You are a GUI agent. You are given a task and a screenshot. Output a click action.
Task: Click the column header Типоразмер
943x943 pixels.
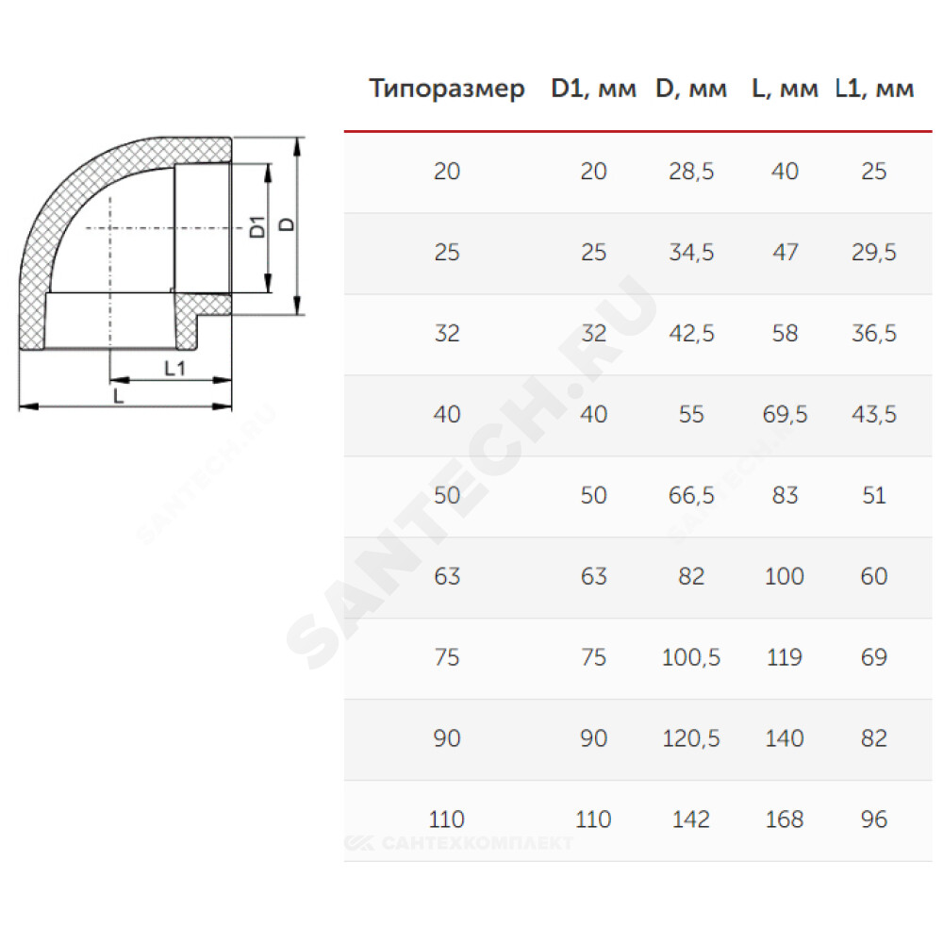point(447,89)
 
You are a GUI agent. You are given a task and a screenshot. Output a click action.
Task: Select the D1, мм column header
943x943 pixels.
point(593,89)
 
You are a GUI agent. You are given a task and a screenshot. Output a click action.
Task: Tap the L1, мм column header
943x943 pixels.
point(874,89)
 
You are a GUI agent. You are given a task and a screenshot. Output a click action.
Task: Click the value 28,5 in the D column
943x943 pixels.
point(691,172)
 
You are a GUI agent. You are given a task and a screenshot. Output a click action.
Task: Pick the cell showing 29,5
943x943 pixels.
point(874,252)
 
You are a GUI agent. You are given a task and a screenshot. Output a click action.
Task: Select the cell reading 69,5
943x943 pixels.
point(785,414)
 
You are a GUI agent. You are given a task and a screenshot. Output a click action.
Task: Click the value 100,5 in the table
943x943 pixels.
point(691,657)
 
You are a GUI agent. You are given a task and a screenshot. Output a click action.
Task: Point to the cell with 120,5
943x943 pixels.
point(691,738)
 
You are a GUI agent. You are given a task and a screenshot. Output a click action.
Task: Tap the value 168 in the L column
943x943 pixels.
point(785,819)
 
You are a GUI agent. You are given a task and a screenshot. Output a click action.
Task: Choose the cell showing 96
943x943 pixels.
point(874,819)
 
